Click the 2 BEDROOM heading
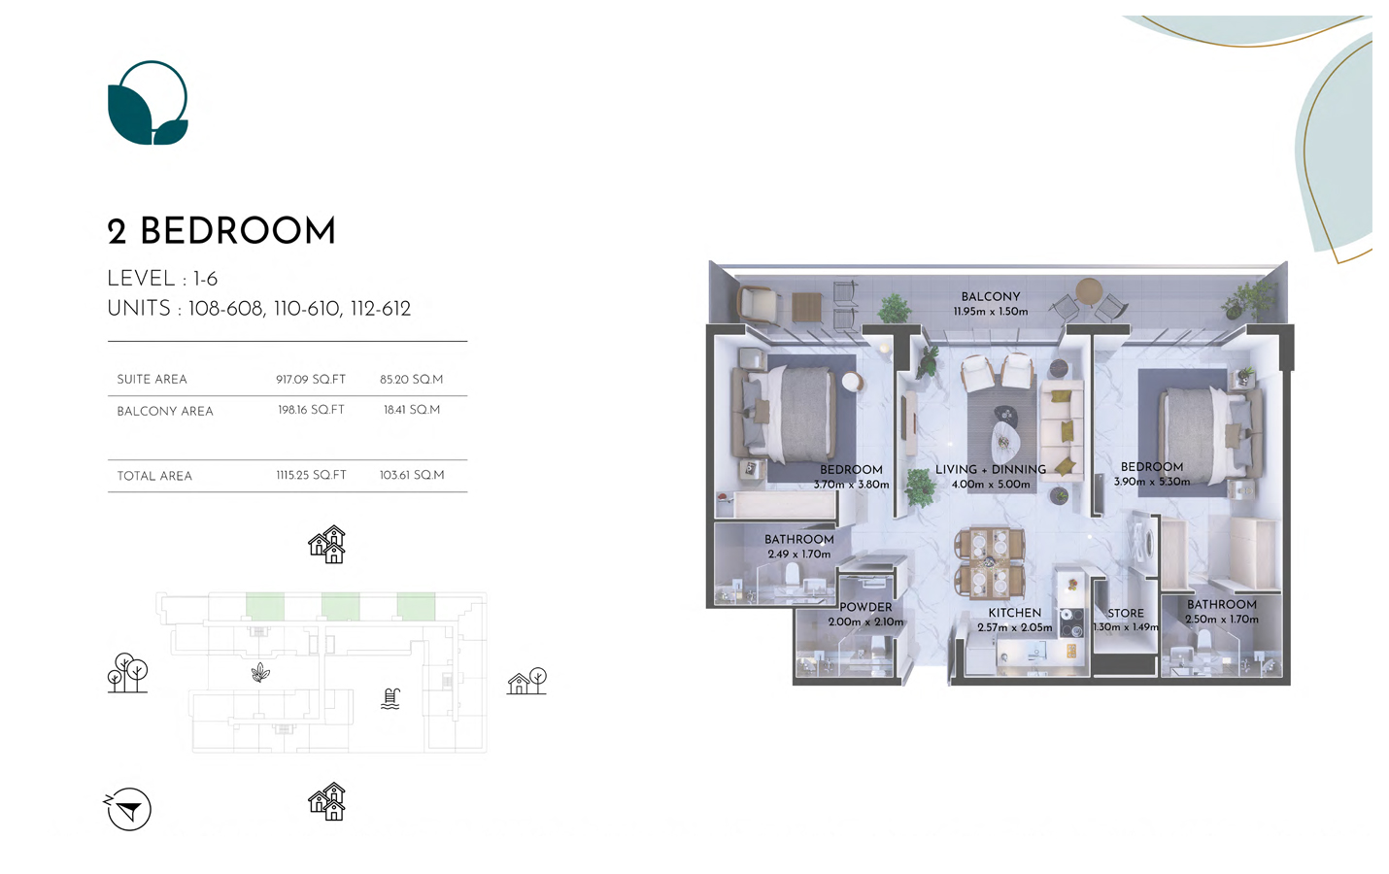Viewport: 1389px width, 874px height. [221, 231]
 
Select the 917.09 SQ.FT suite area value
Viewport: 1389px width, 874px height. [311, 380]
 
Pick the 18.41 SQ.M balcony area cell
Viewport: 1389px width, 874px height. [412, 410]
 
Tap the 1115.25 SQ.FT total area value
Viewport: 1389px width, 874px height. [311, 476]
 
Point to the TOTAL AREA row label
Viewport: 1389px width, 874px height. [154, 476]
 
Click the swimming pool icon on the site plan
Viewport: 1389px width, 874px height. [390, 698]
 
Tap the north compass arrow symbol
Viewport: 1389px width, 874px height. [128, 809]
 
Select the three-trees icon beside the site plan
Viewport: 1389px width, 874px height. [128, 673]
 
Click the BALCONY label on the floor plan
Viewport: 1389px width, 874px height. [991, 297]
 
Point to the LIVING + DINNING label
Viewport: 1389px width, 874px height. [991, 469]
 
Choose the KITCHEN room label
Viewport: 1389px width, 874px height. [1014, 613]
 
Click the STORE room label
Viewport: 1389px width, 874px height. [1126, 613]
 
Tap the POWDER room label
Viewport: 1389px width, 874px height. [865, 608]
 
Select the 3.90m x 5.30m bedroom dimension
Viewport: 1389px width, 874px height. [1151, 482]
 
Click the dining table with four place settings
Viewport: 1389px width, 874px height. [990, 563]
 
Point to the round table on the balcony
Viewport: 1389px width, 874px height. [1089, 289]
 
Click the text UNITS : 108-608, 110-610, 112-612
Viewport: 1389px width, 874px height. [258, 309]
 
